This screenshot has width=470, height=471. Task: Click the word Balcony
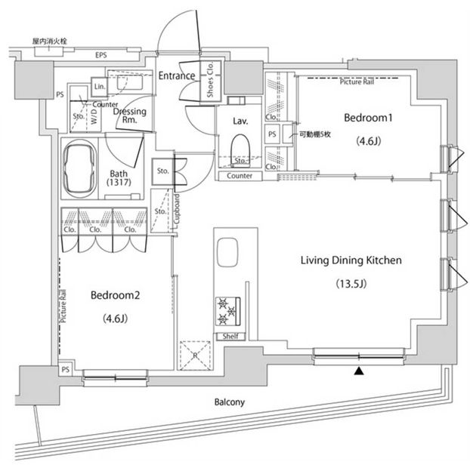click(227, 402)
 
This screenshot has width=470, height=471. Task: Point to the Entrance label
click(177, 75)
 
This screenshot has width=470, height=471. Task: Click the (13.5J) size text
click(350, 284)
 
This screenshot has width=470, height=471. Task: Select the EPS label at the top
click(100, 56)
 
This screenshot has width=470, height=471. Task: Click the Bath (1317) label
click(120, 177)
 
